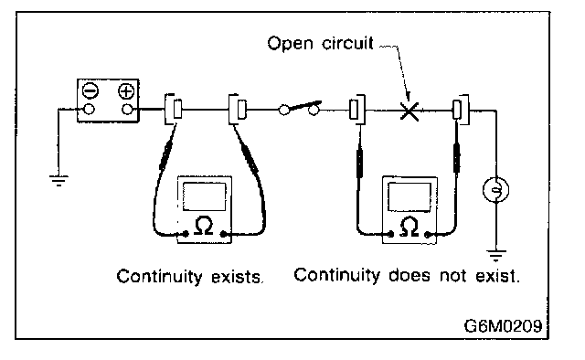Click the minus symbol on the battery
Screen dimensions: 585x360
(x=90, y=90)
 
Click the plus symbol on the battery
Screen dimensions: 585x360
(x=126, y=91)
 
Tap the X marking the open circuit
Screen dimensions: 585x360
(x=409, y=111)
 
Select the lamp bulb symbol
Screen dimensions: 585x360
(x=495, y=190)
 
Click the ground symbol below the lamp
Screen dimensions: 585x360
(x=496, y=256)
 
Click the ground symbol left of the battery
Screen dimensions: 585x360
(x=58, y=181)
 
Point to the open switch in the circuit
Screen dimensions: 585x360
(x=300, y=108)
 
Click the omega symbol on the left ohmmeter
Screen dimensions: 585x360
(x=204, y=226)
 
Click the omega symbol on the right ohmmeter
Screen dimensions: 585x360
(x=409, y=227)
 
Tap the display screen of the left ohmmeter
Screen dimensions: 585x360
(x=205, y=196)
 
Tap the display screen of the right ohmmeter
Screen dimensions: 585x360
(x=409, y=197)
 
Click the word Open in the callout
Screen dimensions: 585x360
(x=291, y=44)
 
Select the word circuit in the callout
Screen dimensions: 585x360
(x=347, y=43)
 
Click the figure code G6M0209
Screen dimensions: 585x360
(x=503, y=325)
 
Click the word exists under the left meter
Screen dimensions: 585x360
(x=238, y=277)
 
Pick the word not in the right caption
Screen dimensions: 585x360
(x=453, y=276)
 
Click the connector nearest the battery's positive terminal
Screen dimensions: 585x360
(x=174, y=110)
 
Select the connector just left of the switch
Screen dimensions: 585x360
(x=238, y=110)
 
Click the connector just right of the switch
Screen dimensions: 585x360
(x=357, y=110)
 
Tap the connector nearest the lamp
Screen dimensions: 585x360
(x=461, y=110)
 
